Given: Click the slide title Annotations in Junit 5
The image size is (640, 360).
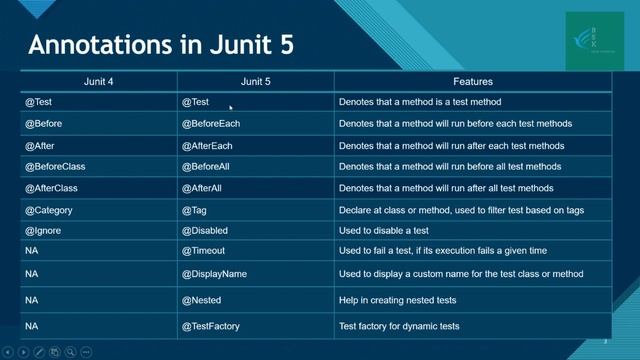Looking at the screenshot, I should click(160, 46).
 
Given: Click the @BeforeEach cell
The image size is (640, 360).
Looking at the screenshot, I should click(211, 124).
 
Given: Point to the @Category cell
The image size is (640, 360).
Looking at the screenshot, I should click(48, 210).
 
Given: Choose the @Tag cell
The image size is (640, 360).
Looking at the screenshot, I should click(194, 210).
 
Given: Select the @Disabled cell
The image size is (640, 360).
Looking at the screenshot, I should click(205, 230).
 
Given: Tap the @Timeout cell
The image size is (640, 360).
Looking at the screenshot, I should click(203, 250).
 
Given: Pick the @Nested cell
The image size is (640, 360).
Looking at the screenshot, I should click(201, 300).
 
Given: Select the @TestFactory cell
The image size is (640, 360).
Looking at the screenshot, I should click(210, 326).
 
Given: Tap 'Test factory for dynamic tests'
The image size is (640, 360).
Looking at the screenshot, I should click(399, 326).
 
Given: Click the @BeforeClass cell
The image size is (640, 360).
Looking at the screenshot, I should click(52, 166).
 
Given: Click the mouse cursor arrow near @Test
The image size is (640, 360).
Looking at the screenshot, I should click(231, 107).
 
